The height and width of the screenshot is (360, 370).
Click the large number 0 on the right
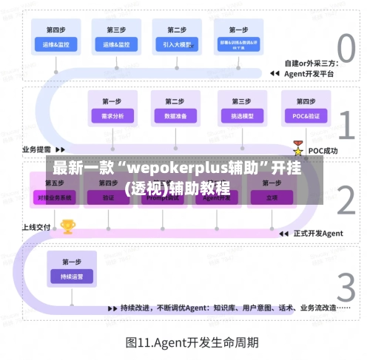pyautogui.click(x=346, y=50)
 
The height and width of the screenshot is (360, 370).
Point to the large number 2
pyautogui.click(x=346, y=200)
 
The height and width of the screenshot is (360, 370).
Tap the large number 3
pyautogui.click(x=346, y=287)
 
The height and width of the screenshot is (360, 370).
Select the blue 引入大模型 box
pyautogui.click(x=177, y=44)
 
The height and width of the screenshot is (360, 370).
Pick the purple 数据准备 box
pyautogui.click(x=175, y=116)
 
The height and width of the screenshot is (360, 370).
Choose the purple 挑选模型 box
pyautogui.click(x=242, y=116)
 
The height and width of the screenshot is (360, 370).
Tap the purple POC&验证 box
pyautogui.click(x=306, y=116)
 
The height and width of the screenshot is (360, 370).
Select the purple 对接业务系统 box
pyautogui.click(x=55, y=197)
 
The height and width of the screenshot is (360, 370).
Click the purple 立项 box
pyautogui.click(x=272, y=197)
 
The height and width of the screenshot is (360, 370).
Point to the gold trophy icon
pyautogui.click(x=68, y=226)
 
